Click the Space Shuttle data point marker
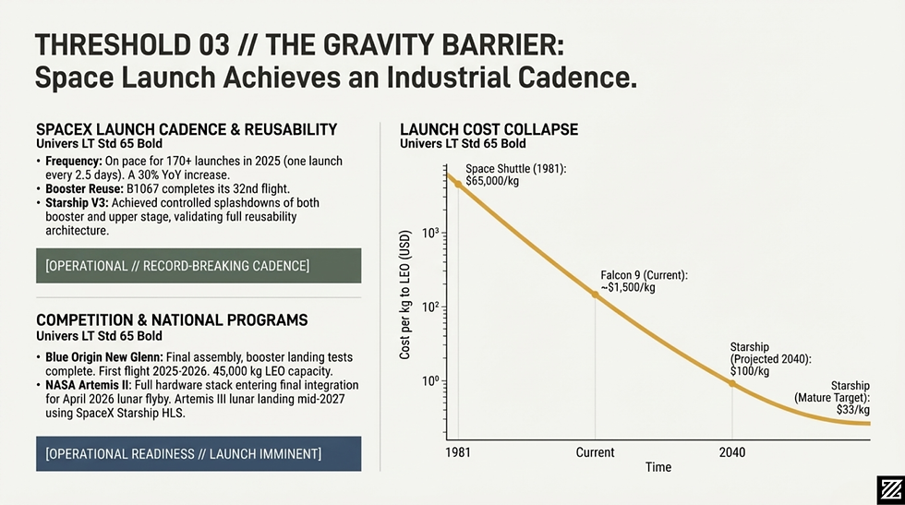(458, 185)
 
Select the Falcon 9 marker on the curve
(595, 295)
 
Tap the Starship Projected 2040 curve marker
(733, 382)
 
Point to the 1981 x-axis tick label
(458, 452)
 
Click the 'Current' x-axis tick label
(595, 452)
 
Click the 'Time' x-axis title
(658, 468)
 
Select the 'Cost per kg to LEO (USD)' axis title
(405, 307)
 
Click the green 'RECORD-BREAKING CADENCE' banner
(199, 266)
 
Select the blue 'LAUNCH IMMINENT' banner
(199, 453)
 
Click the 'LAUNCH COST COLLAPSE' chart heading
(489, 129)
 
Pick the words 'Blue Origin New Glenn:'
(104, 357)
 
